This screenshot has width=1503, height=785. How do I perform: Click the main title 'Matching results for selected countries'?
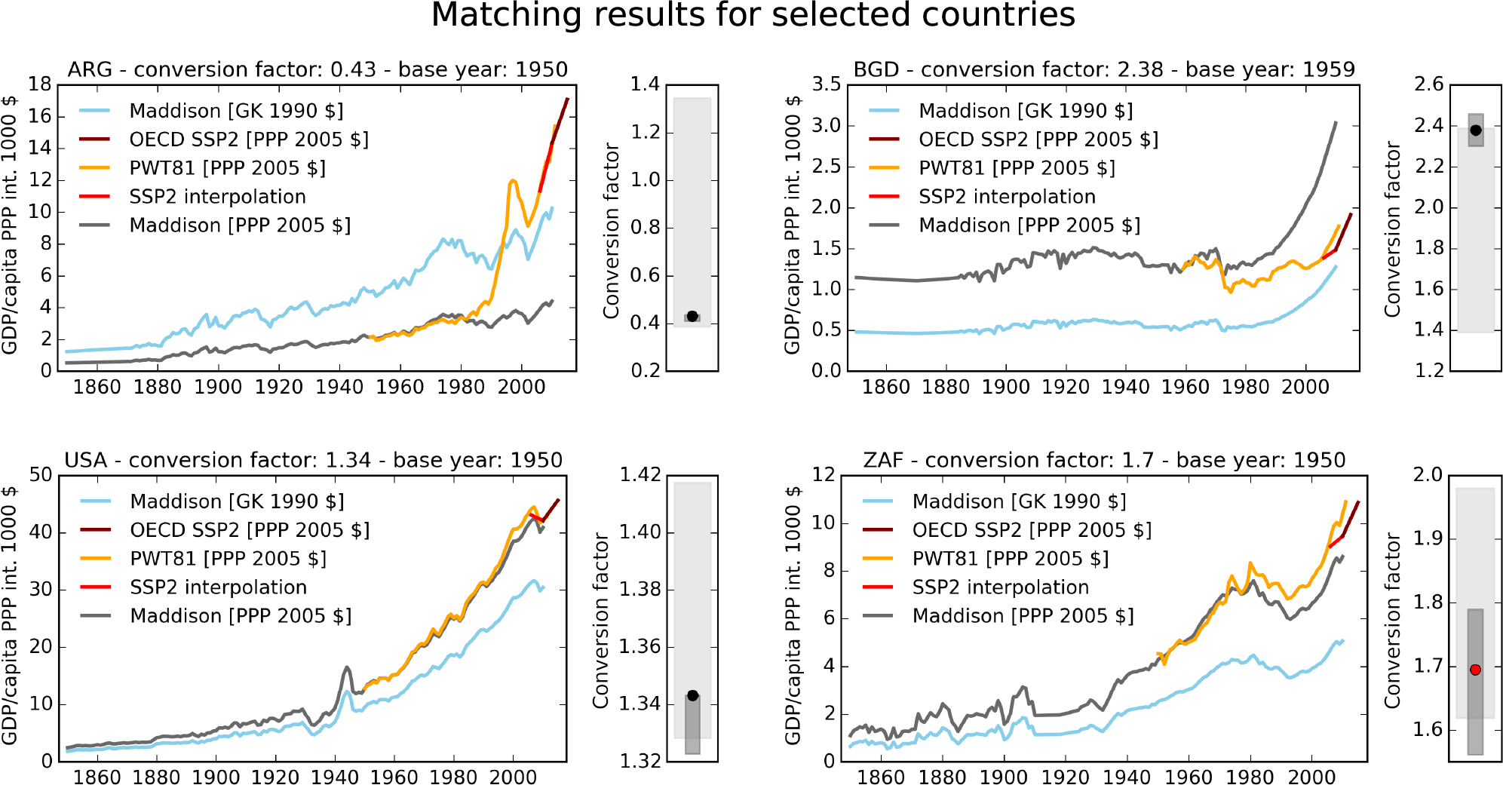[752, 16]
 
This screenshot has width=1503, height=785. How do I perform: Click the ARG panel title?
[317, 70]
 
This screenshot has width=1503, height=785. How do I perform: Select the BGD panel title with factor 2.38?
[1103, 70]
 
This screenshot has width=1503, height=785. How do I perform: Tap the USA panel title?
[313, 461]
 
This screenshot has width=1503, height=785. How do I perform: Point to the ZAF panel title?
[1103, 461]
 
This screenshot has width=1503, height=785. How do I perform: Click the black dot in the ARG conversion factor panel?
[692, 316]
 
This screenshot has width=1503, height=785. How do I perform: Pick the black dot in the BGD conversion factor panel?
[1476, 130]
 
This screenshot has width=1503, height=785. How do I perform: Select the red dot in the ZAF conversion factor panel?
[1475, 670]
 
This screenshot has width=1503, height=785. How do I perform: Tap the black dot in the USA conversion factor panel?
[692, 695]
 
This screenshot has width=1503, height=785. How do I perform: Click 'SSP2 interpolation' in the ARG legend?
[217, 197]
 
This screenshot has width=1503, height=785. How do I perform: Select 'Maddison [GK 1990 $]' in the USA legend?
[237, 501]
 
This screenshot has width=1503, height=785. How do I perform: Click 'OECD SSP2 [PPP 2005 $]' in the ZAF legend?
[1032, 530]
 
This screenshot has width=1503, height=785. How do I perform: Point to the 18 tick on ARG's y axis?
[40, 84]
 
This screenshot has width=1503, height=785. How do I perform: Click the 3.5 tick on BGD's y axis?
[826, 84]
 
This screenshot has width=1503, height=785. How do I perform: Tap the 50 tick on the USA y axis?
[41, 475]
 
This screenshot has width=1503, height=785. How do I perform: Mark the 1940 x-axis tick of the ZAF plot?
[1127, 776]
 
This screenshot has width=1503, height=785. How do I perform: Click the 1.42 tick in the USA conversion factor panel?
[640, 475]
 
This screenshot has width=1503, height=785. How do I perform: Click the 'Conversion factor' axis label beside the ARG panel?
[611, 230]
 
